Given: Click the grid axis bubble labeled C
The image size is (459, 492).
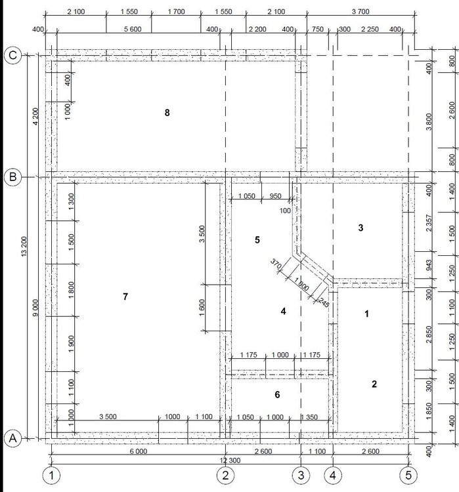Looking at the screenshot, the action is tap(13, 56).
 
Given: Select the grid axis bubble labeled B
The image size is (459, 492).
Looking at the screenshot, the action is tap(13, 177).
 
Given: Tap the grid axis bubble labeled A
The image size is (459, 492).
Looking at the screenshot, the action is tap(13, 438).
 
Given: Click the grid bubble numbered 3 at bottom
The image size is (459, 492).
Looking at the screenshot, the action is tap(301, 476).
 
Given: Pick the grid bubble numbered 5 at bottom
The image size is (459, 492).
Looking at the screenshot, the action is tap(408, 476).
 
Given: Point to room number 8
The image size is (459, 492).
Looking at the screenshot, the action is tap(167, 113).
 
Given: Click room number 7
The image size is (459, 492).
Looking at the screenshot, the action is tap(125, 297).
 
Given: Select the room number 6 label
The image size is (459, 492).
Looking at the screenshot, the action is tap(277, 394).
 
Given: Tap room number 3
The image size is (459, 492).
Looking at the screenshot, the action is tap(361, 228).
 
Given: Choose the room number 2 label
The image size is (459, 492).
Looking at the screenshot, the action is tap(374, 384).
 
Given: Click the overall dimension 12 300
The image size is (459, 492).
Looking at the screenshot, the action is tap(230, 461).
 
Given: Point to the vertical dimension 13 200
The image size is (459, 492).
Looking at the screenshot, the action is tap(24, 247).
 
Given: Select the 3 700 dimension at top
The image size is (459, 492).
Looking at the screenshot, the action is tap(361, 12).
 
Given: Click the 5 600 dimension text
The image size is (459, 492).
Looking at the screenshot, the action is tap(133, 29).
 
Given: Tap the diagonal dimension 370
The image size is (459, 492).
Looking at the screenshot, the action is tap(276, 264).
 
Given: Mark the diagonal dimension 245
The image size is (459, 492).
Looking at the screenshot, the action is tap(324, 302).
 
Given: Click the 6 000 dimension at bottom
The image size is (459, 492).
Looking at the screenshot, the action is tap(139, 451).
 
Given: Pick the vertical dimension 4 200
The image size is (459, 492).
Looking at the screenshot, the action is tap(35, 116).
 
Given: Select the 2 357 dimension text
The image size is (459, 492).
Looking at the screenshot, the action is tap(429, 223).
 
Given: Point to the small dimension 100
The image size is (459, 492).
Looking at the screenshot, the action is tap(285, 211).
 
